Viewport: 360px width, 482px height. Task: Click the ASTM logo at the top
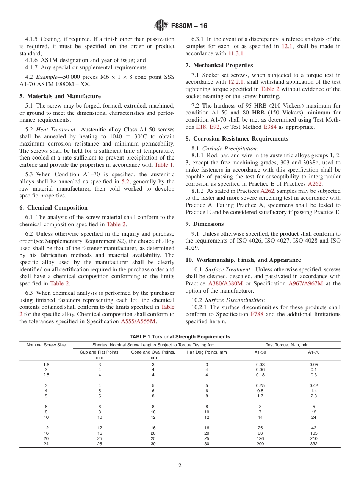[161, 26]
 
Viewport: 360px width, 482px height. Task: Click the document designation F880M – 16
[189, 26]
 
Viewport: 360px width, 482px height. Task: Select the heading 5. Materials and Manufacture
[60, 96]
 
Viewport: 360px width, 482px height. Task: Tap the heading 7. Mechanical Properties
[219, 65]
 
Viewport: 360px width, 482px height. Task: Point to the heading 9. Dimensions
[205, 224]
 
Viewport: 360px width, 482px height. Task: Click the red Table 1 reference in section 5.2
[163, 165]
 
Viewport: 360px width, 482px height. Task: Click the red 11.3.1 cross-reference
[235, 53]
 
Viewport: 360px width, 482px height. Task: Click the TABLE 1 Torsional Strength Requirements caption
[180, 336]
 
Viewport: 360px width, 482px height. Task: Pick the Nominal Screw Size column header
[46, 345]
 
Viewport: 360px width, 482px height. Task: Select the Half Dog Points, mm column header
[207, 352]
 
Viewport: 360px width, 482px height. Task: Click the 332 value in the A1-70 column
[313, 444]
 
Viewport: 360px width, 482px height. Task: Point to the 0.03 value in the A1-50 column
[260, 364]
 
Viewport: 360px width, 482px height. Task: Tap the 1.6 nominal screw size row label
[46, 364]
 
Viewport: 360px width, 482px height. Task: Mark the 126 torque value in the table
[260, 438]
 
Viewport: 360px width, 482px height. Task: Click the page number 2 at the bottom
[180, 466]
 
